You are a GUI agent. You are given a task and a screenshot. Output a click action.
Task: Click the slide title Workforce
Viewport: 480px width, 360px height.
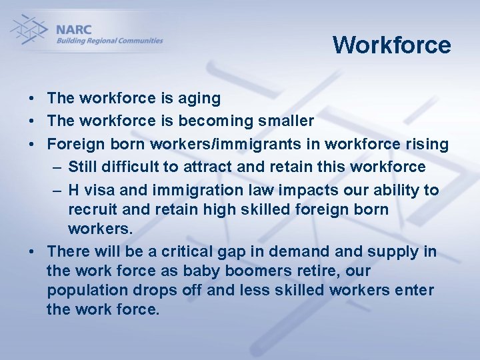(391, 45)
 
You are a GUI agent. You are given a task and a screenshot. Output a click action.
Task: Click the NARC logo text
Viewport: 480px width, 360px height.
(74, 30)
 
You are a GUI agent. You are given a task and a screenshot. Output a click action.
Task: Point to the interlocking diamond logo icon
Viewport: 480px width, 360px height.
(28, 30)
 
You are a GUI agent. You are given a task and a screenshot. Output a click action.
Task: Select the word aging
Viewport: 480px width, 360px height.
(199, 99)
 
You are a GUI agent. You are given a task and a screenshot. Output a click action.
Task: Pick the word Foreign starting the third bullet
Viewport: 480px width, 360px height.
(74, 144)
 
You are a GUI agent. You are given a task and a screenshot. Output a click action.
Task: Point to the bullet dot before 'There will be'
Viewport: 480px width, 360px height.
(32, 252)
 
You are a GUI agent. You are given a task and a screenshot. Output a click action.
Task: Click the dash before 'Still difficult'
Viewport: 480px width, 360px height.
(57, 167)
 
